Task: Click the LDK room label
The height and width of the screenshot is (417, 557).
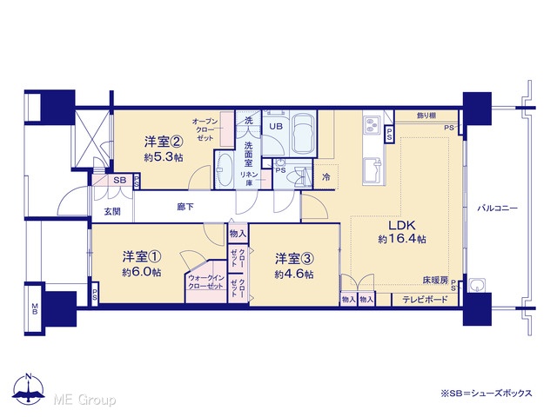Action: [401, 225]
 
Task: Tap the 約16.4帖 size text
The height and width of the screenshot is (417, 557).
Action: [402, 239]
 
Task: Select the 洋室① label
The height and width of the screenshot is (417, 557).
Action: [142, 256]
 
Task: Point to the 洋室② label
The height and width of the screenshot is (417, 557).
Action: [164, 142]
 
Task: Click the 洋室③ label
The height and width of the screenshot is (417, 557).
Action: [294, 259]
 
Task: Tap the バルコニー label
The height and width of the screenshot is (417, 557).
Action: [497, 208]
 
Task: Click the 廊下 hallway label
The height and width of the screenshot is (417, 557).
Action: [185, 207]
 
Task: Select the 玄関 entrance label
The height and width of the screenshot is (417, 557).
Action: [112, 212]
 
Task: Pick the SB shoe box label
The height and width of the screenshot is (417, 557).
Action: [120, 180]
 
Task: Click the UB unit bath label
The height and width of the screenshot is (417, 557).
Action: [276, 126]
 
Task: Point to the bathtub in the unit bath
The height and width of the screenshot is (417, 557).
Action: [304, 133]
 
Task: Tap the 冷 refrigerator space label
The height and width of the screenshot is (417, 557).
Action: [325, 177]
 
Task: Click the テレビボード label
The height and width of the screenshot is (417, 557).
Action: [425, 300]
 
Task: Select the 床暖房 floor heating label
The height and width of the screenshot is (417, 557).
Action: [435, 280]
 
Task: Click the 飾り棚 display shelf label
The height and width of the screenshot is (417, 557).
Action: [426, 116]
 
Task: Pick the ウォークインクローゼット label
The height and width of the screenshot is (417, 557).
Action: [206, 281]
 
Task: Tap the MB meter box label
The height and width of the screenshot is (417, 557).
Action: [35, 308]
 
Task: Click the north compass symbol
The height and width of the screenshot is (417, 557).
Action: [29, 388]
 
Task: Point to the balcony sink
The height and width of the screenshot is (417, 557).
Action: [478, 285]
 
